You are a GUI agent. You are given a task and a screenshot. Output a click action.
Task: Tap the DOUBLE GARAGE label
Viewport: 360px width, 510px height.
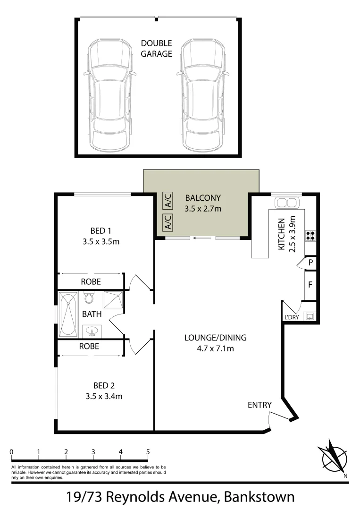tap(156, 49)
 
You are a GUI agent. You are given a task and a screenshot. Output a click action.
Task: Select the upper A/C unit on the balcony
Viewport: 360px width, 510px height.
tap(167, 201)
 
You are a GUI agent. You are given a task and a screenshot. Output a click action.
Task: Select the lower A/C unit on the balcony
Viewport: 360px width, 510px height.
tap(167, 222)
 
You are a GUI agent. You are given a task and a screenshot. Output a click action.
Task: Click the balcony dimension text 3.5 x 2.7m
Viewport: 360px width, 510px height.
tap(202, 208)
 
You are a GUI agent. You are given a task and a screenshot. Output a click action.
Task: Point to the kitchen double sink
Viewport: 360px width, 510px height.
tap(286, 203)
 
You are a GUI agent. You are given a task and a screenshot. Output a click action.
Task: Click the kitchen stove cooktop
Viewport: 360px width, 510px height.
tap(310, 235)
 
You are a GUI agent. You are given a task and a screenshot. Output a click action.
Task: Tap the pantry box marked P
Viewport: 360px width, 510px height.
tap(310, 262)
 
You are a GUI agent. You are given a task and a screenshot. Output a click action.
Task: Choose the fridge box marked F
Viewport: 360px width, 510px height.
tap(310, 285)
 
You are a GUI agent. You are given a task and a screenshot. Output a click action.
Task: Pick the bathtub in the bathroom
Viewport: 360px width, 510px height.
tap(69, 314)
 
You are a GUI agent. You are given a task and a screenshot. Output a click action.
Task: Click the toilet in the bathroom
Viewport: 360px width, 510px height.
tap(89, 298)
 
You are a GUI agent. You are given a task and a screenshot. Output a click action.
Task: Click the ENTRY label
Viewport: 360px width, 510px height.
tap(260, 405)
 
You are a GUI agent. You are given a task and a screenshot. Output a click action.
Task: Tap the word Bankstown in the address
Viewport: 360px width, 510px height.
tap(260, 497)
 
